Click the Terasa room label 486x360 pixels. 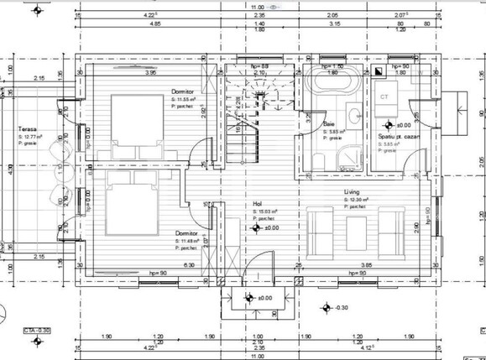click(x=27, y=130)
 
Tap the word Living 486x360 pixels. click(x=352, y=191)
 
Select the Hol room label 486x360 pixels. click(x=258, y=203)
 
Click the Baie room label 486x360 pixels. click(x=328, y=123)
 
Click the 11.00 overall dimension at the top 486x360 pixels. click(x=258, y=7)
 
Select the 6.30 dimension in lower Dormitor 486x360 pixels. click(x=190, y=265)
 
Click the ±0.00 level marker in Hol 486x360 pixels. click(x=270, y=227)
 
